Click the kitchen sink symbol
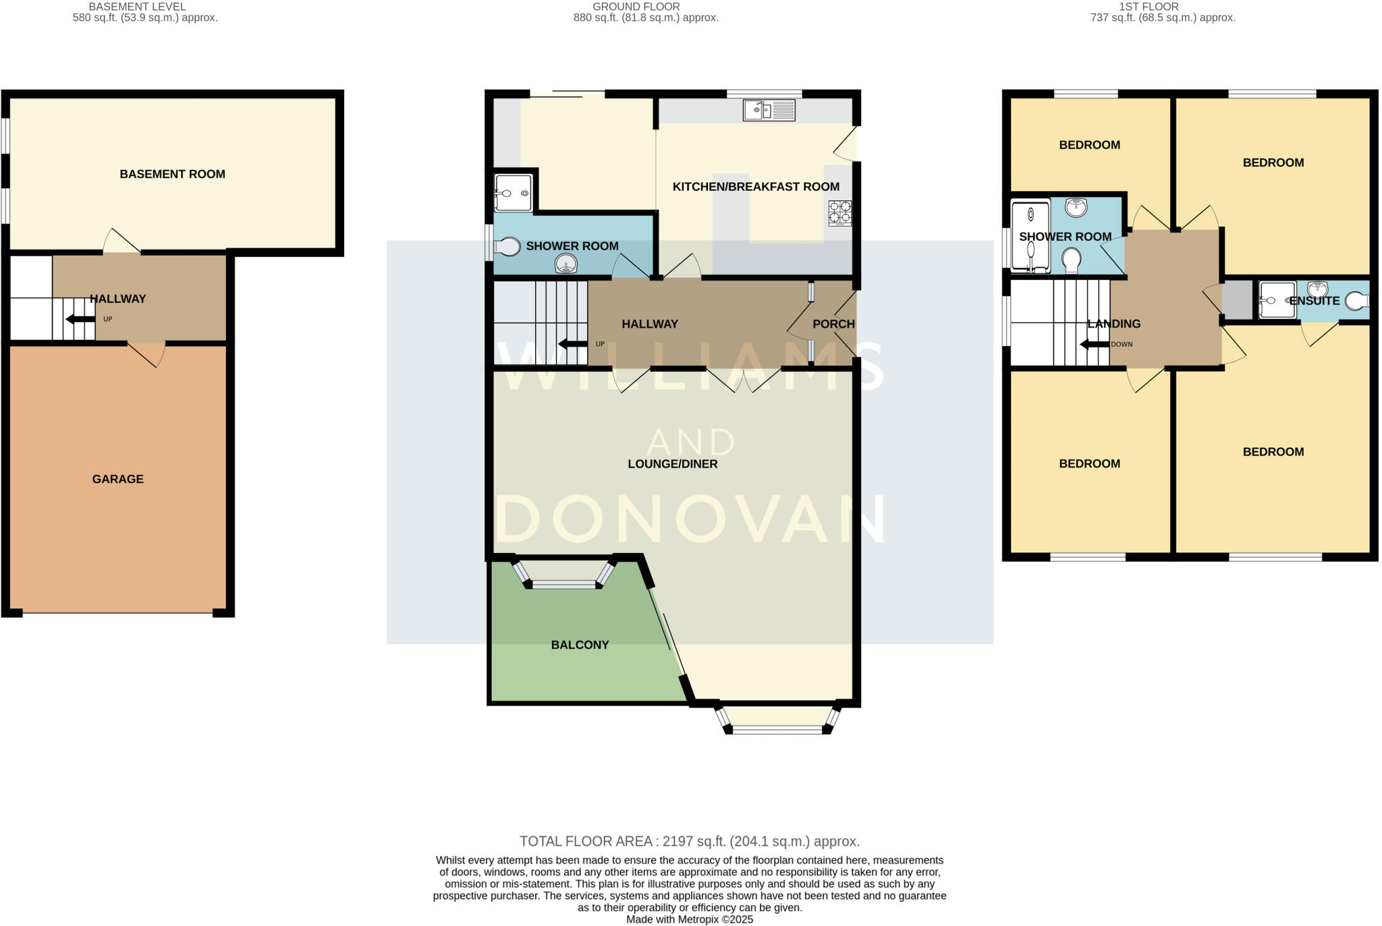[769, 110]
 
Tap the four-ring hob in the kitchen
[840, 212]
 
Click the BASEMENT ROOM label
[172, 174]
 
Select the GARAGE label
[118, 480]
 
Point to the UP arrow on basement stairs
[80, 319]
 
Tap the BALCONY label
[580, 645]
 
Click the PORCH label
[833, 324]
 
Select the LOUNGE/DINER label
[672, 464]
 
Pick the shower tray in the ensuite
[1277, 300]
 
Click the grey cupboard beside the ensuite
[1237, 300]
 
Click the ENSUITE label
[1314, 301]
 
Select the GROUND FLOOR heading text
[636, 7]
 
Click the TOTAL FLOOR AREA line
[689, 842]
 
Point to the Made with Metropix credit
[689, 919]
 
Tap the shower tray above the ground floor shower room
[514, 193]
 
